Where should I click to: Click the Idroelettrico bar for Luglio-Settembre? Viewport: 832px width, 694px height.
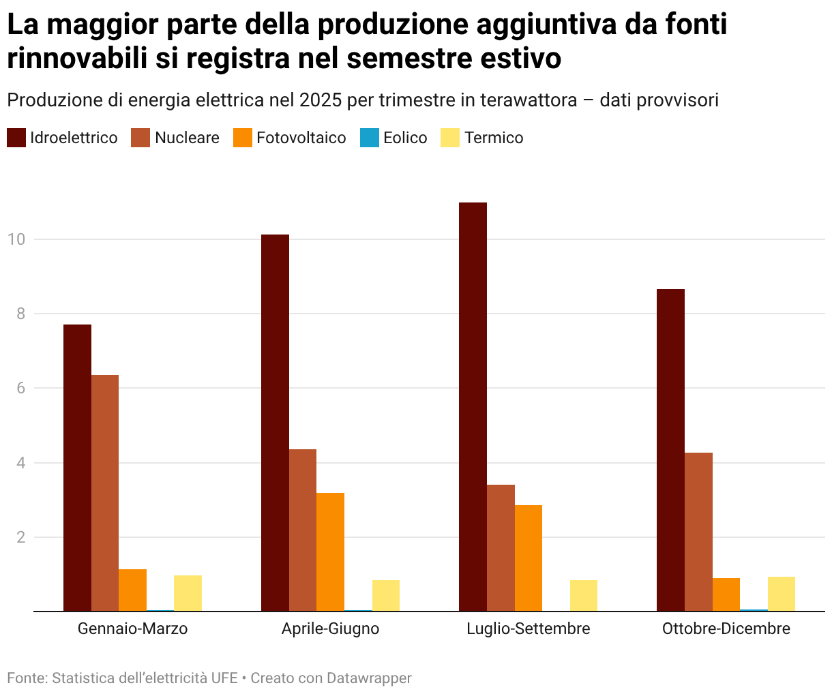[x=473, y=407]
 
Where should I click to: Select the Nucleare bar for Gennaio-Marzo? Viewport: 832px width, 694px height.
[x=105, y=493]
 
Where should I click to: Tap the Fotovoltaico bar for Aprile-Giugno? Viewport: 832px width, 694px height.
[x=330, y=552]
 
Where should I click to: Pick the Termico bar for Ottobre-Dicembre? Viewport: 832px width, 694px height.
[x=782, y=594]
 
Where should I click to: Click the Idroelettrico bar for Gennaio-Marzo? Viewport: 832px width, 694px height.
[x=77, y=468]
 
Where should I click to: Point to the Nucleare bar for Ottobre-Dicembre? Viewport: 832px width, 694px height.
[x=698, y=532]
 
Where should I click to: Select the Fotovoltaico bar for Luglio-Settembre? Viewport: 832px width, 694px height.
[x=529, y=558]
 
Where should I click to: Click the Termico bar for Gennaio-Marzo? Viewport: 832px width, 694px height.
[x=188, y=593]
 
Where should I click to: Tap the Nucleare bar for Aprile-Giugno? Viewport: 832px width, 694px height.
[x=303, y=530]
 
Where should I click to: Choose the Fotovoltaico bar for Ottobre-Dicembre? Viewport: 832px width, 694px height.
[x=726, y=594]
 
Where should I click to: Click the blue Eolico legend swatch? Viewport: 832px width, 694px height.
[x=370, y=138]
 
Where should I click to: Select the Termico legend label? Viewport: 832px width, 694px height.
[x=494, y=138]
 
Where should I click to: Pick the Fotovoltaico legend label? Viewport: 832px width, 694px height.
[x=301, y=138]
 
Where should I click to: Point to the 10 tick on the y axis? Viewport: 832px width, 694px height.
[x=16, y=239]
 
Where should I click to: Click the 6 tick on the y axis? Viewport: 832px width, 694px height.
[x=20, y=388]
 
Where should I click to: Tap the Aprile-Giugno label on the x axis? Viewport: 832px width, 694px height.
[x=330, y=629]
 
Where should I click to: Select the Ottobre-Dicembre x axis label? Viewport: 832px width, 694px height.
[x=726, y=629]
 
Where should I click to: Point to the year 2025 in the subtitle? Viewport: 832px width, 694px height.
[x=321, y=100]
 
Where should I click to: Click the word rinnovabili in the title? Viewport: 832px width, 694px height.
[x=77, y=58]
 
